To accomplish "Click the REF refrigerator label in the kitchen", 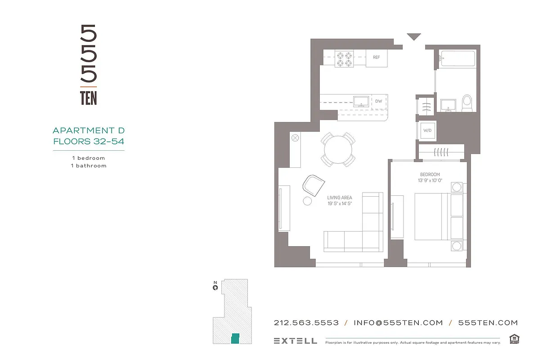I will click(376, 57).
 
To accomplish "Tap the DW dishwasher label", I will click(379, 101).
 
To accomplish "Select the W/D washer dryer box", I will click(426, 131).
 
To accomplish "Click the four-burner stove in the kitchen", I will click(345, 58).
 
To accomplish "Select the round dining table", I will click(338, 149).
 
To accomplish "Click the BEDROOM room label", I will click(430, 175).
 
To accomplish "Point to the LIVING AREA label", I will click(340, 198).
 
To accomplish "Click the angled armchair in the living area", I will click(314, 184).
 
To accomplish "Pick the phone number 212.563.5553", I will click(306, 323).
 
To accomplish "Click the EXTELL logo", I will click(295, 341).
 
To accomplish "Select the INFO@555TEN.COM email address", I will click(398, 323).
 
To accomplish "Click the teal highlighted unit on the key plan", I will click(235, 338).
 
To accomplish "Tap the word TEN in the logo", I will click(89, 98).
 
